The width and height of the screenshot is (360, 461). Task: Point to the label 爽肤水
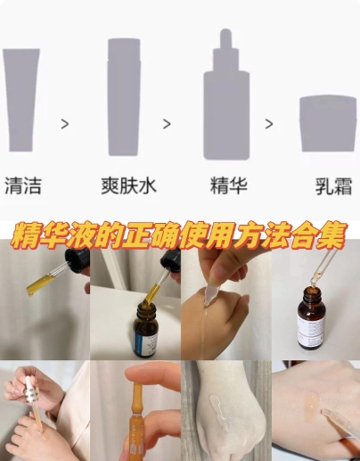tap(125, 188)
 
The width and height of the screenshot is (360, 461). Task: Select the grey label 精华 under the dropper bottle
tap(226, 188)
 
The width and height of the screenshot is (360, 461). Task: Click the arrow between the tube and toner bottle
tap(64, 125)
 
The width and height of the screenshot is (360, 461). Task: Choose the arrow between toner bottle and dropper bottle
tap(166, 125)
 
